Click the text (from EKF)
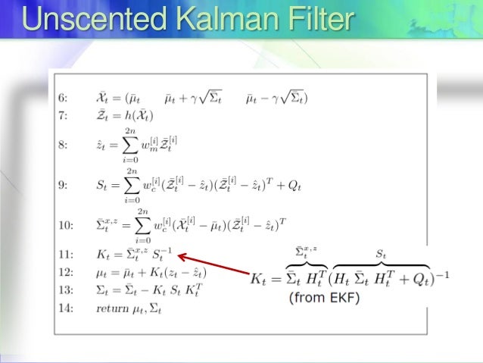324,298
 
